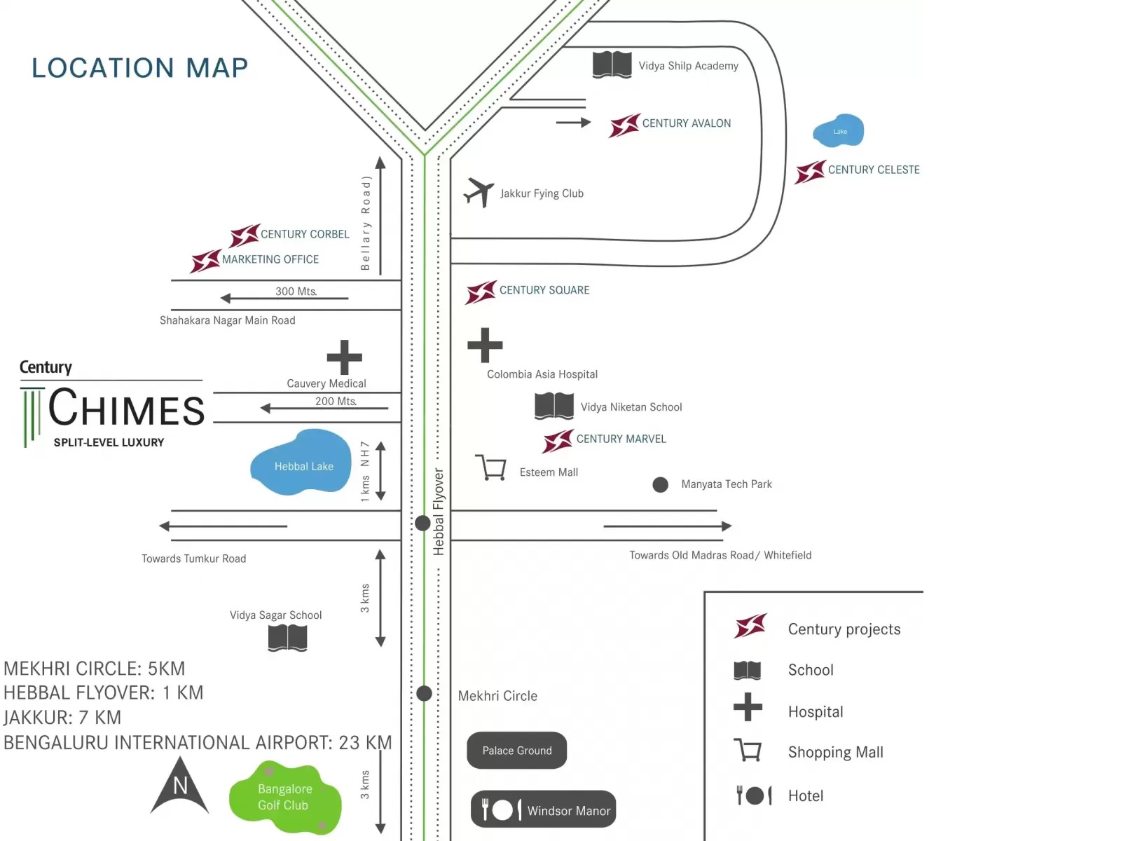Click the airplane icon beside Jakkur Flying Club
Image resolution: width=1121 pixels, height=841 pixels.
(479, 192)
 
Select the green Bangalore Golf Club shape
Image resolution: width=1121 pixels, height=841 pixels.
(285, 798)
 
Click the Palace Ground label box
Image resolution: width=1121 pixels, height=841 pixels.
(516, 751)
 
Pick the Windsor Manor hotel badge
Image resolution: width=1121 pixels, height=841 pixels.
(543, 809)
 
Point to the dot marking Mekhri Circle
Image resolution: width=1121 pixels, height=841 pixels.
(424, 694)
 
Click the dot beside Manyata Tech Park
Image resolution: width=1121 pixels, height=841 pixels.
(660, 485)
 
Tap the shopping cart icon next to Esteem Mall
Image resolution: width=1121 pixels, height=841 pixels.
(491, 467)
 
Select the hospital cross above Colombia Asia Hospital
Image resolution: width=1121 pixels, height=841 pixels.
(485, 345)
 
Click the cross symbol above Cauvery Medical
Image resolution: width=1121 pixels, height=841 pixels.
(345, 357)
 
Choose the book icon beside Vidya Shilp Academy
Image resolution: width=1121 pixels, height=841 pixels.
(612, 65)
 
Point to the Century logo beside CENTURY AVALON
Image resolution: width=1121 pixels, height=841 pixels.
(624, 125)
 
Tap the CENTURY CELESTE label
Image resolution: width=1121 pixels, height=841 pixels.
(873, 170)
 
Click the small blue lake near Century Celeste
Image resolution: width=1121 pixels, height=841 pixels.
(839, 131)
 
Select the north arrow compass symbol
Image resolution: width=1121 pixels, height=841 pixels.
(180, 786)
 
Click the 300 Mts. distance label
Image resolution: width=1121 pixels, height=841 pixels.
(296, 291)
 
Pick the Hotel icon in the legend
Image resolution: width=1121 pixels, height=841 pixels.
(754, 795)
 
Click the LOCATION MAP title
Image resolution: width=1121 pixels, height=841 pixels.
(140, 68)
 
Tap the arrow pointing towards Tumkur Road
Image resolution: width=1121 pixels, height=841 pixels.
(223, 526)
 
